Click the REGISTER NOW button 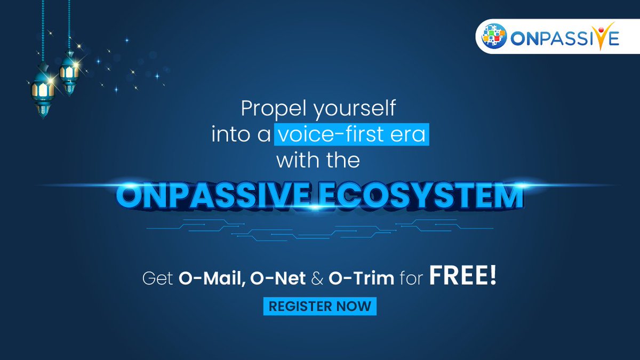click(x=320, y=307)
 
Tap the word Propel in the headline click(x=270, y=109)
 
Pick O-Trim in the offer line click(x=364, y=279)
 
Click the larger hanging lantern click(x=42, y=91)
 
